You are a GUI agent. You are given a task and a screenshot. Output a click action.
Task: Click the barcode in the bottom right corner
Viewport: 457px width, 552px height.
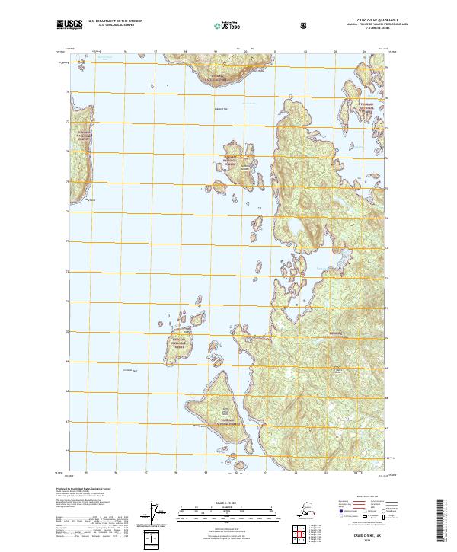point(446,518)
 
